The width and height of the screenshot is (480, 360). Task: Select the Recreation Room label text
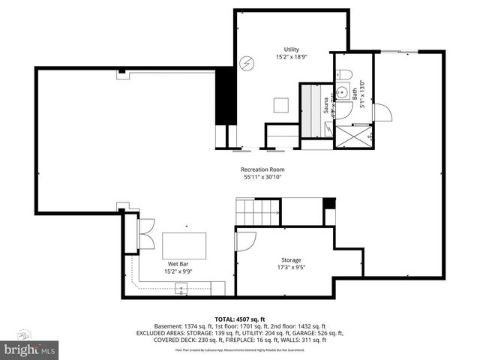[x=262, y=169]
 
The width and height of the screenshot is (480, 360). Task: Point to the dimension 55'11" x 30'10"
[x=263, y=178]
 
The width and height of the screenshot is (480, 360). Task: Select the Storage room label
[x=292, y=260]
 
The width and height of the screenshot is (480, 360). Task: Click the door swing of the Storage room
[x=246, y=241]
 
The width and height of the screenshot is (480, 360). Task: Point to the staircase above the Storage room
[x=258, y=211]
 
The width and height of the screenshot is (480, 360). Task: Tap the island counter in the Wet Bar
[x=184, y=245]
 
